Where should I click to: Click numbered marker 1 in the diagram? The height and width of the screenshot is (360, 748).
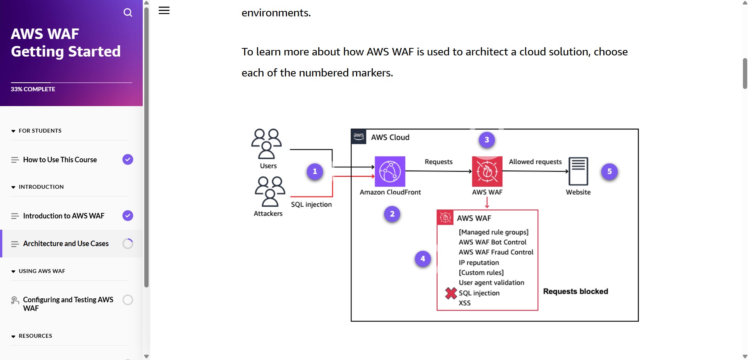(315, 172)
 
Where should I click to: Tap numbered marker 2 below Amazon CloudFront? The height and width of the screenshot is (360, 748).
(392, 214)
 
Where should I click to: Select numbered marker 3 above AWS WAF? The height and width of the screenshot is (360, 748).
(486, 140)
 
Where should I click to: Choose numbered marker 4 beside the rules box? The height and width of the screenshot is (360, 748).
(423, 259)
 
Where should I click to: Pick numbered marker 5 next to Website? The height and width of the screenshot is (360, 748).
(609, 172)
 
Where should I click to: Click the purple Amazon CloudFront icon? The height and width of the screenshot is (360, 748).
(390, 172)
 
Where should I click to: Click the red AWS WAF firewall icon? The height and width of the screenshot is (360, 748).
(487, 172)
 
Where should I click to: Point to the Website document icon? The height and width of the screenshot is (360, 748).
(578, 171)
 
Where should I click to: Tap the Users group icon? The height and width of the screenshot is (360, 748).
(266, 144)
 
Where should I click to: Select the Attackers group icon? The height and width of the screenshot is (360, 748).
(269, 191)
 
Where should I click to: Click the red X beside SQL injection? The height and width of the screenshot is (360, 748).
(451, 293)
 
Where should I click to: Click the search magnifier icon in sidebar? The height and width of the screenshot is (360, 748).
(128, 12)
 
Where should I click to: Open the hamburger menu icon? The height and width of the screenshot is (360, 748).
(164, 11)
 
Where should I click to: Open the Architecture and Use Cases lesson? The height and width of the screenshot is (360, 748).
(66, 244)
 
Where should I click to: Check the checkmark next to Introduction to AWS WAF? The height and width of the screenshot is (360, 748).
(128, 216)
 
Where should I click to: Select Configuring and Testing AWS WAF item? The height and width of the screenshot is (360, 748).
(68, 304)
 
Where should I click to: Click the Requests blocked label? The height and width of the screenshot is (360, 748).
(575, 291)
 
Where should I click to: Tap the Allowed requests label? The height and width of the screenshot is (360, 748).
(535, 162)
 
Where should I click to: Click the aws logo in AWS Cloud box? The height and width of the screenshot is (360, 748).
(358, 137)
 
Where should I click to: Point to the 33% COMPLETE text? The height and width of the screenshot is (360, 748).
(33, 89)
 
